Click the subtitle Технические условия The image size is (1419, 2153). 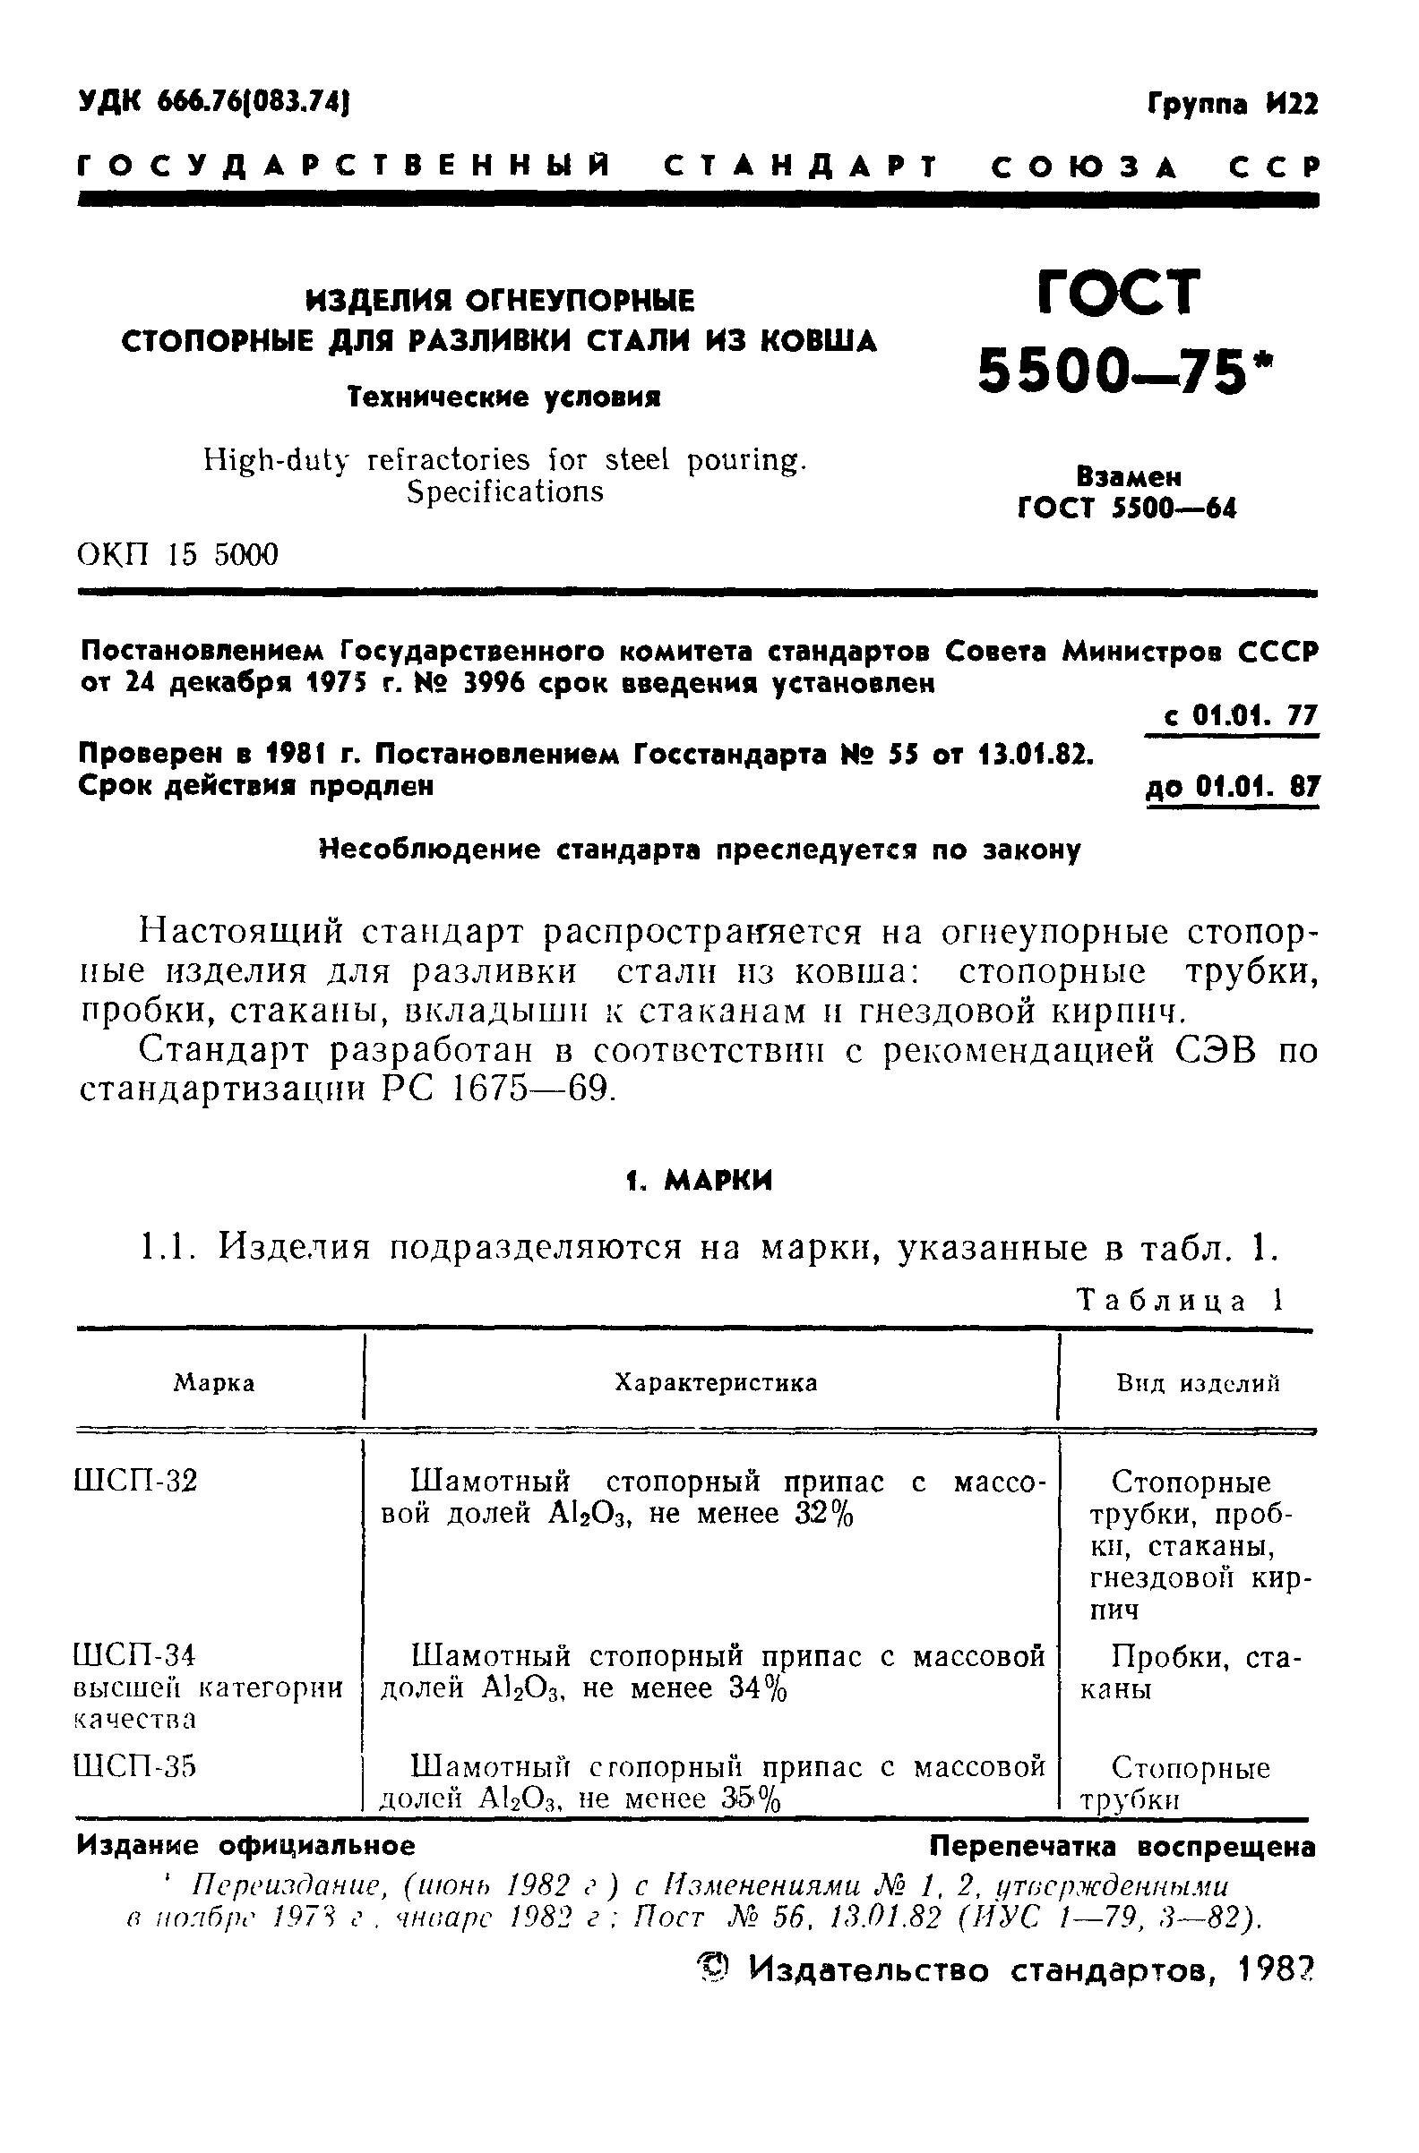pos(505,397)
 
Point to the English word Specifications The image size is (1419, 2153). pos(505,491)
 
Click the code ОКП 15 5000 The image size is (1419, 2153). pos(178,553)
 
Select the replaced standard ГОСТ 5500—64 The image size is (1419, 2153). pos(1127,508)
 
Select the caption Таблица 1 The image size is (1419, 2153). pos(1180,1301)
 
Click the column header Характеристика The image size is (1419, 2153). pos(716,1382)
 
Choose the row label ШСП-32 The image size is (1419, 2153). pos(135,1482)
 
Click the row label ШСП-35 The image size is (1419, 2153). pos(135,1767)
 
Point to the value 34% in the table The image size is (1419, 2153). pos(758,1688)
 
